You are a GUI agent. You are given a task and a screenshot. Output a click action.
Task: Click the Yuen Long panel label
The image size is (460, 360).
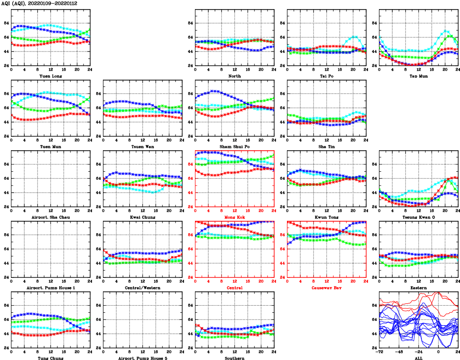tap(50, 76)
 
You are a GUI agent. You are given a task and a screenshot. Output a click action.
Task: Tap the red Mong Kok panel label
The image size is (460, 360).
tap(234, 217)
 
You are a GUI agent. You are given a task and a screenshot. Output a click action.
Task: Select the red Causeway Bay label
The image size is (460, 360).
tap(326, 288)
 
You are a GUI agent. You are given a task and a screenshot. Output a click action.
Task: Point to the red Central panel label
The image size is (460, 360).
tap(234, 288)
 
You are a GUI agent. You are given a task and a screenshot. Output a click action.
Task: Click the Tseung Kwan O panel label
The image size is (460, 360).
tap(418, 217)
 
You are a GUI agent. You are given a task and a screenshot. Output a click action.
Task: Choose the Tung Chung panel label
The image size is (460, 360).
tap(50, 358)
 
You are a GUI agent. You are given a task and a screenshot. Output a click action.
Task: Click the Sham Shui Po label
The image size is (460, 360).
tap(234, 146)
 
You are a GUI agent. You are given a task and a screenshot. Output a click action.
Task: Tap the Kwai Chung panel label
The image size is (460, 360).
tap(142, 217)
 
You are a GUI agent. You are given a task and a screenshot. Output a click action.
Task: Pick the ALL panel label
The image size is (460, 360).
tap(418, 358)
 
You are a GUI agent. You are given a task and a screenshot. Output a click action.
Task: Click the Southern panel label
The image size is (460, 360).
tap(234, 358)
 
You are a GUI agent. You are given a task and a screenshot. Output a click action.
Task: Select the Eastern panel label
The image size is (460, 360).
tap(418, 288)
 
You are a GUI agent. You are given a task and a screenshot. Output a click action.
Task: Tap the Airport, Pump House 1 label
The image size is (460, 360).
tap(50, 288)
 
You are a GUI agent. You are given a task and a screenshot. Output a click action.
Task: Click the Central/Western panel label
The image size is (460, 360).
tap(142, 288)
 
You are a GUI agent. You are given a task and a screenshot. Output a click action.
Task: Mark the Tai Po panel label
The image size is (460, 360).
tap(326, 76)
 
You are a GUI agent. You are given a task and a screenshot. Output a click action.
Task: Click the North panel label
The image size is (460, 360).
tap(234, 76)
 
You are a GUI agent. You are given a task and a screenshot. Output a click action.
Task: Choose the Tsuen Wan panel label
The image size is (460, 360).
tap(142, 146)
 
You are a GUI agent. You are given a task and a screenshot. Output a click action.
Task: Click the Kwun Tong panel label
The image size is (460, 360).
tap(326, 217)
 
